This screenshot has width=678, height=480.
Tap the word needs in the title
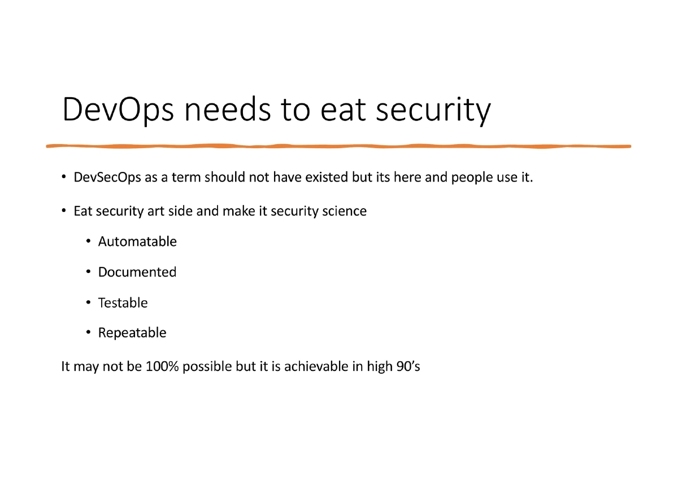tap(229, 110)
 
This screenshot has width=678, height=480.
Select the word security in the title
tap(433, 110)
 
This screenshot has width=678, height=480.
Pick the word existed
tap(326, 178)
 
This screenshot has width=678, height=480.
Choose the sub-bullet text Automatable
tap(137, 242)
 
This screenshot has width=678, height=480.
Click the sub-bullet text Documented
tap(137, 273)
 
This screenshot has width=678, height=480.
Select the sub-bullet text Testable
tap(123, 303)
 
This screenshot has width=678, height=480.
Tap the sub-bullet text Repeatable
tap(132, 333)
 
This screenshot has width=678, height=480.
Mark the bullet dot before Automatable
tap(88, 242)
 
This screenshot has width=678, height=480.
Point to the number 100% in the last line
tap(162, 366)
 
